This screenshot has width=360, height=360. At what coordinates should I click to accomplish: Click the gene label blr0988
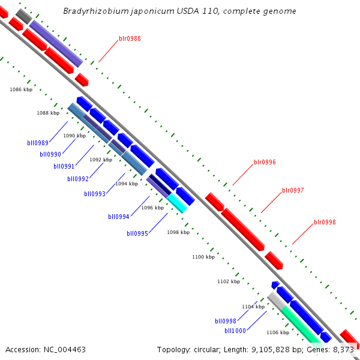130,38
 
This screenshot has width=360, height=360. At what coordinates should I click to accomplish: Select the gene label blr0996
265,162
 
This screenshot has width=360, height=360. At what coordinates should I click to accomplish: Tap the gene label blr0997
293,190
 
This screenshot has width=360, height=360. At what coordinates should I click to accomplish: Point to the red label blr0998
325,222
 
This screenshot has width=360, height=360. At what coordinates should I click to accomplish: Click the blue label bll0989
38,143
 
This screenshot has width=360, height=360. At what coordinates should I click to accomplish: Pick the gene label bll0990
50,154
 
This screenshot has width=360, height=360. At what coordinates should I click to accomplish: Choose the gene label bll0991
64,166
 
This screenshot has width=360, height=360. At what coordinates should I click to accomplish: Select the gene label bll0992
78,179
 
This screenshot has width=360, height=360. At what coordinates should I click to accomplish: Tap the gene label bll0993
95,194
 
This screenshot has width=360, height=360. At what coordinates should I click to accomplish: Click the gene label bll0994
119,217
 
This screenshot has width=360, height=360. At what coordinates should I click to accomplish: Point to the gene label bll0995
137,233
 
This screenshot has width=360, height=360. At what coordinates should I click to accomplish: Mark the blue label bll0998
226,321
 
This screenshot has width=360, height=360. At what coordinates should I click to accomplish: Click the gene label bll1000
235,331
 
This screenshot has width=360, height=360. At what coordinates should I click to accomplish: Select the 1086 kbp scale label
21,89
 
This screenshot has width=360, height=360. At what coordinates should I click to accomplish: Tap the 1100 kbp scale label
203,257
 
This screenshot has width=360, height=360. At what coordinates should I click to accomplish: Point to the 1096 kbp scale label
152,208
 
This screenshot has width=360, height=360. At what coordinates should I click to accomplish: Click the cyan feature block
178,203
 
